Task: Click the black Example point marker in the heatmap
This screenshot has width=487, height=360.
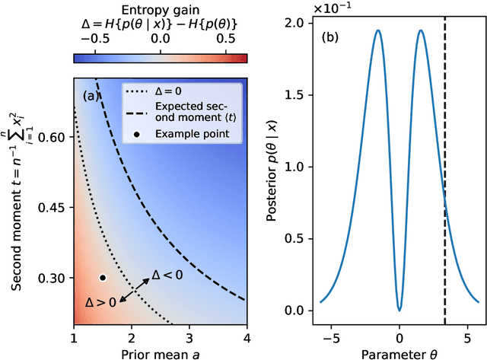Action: (103, 278)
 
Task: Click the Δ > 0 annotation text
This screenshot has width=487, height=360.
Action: (100, 302)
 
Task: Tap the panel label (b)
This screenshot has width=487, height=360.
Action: (331, 35)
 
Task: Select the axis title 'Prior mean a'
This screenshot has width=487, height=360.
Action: (160, 352)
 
